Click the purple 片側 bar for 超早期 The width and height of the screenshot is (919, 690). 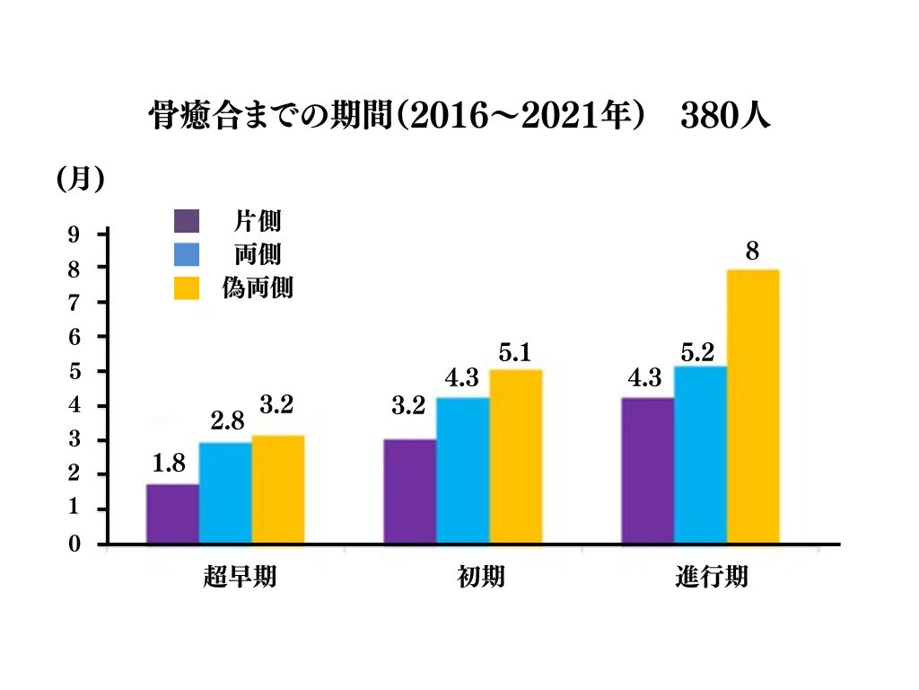172,514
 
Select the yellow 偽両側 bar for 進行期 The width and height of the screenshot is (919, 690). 752,406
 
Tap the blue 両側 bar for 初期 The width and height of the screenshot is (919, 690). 462,470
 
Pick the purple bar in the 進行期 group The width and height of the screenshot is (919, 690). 647,470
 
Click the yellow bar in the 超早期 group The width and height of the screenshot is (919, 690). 277,490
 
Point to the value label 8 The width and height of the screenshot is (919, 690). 753,251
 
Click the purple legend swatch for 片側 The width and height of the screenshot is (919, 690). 187,221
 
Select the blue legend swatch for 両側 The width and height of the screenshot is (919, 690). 187,255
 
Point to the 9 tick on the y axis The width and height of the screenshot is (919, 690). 74,235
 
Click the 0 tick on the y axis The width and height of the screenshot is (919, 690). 74,544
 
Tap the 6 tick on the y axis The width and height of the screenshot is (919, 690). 74,338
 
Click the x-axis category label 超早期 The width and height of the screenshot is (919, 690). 240,577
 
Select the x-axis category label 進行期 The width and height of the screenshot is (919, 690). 711,577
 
